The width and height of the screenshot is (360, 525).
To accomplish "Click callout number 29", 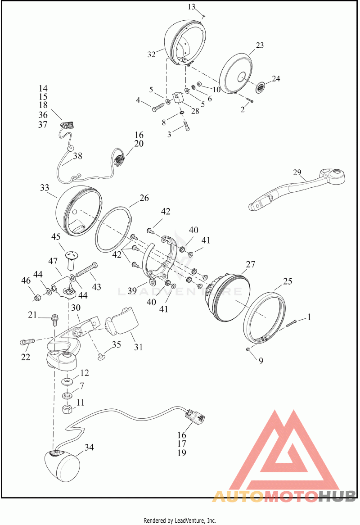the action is tap(297, 172).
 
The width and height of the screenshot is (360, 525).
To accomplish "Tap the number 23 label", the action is tap(260, 45).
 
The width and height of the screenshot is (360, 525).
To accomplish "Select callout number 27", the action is tap(251, 264).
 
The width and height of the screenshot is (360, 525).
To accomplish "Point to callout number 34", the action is tap(89, 447).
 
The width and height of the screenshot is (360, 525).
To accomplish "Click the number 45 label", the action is tap(55, 237).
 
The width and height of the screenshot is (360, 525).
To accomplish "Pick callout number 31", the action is tap(139, 347).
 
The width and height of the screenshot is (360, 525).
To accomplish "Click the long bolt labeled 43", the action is tap(87, 269).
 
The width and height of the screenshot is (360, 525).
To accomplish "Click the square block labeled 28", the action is tap(178, 99).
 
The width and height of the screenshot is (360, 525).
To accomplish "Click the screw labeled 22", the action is tap(27, 342).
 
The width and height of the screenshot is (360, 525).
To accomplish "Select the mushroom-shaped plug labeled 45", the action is tap(71, 259).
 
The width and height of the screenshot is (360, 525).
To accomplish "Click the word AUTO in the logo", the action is tap(238, 496).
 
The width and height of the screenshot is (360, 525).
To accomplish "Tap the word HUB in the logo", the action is tap(336, 496).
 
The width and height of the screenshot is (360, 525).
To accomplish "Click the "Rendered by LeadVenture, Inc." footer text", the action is tap(180, 520).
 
